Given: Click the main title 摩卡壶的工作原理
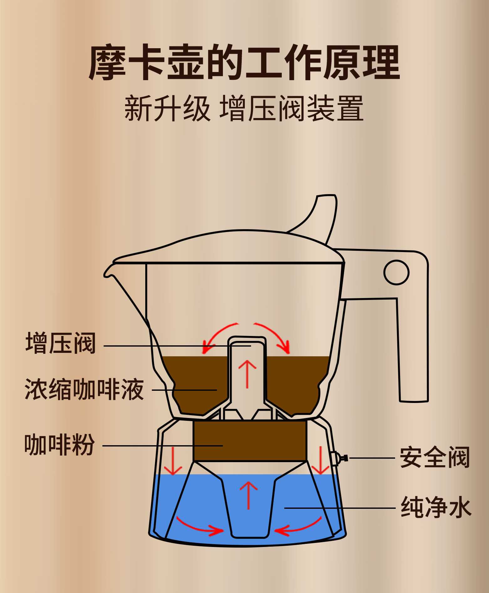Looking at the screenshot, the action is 244,63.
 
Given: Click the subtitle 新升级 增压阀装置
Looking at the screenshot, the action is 244,108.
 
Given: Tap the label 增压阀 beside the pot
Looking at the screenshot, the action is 60,343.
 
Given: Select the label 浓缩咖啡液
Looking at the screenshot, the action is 84,389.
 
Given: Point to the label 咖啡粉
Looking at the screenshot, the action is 59,445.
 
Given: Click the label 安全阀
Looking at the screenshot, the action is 435,457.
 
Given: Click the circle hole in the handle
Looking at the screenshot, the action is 396,272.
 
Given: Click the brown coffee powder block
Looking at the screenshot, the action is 250,441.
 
